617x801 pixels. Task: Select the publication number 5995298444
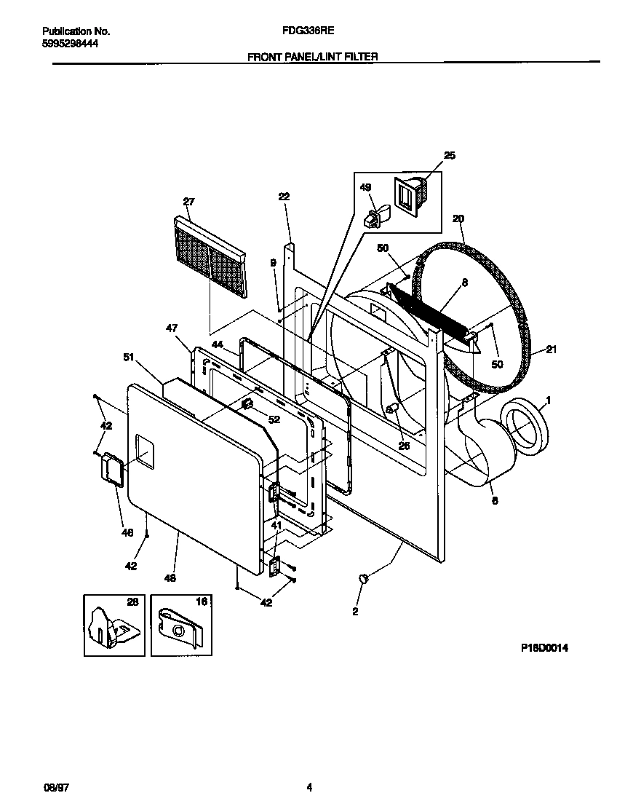(71, 44)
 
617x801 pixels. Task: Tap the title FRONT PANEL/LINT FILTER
(312, 56)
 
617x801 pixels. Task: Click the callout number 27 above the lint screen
(188, 202)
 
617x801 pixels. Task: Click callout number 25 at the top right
(449, 155)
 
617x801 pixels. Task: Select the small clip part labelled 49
(375, 216)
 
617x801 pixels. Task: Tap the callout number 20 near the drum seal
(458, 218)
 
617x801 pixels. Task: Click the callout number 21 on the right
(551, 350)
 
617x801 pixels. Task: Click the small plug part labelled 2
(365, 578)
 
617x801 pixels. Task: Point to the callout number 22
(284, 196)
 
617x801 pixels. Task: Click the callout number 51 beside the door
(129, 357)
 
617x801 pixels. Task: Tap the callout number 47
(172, 329)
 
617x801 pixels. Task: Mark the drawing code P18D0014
(544, 648)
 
